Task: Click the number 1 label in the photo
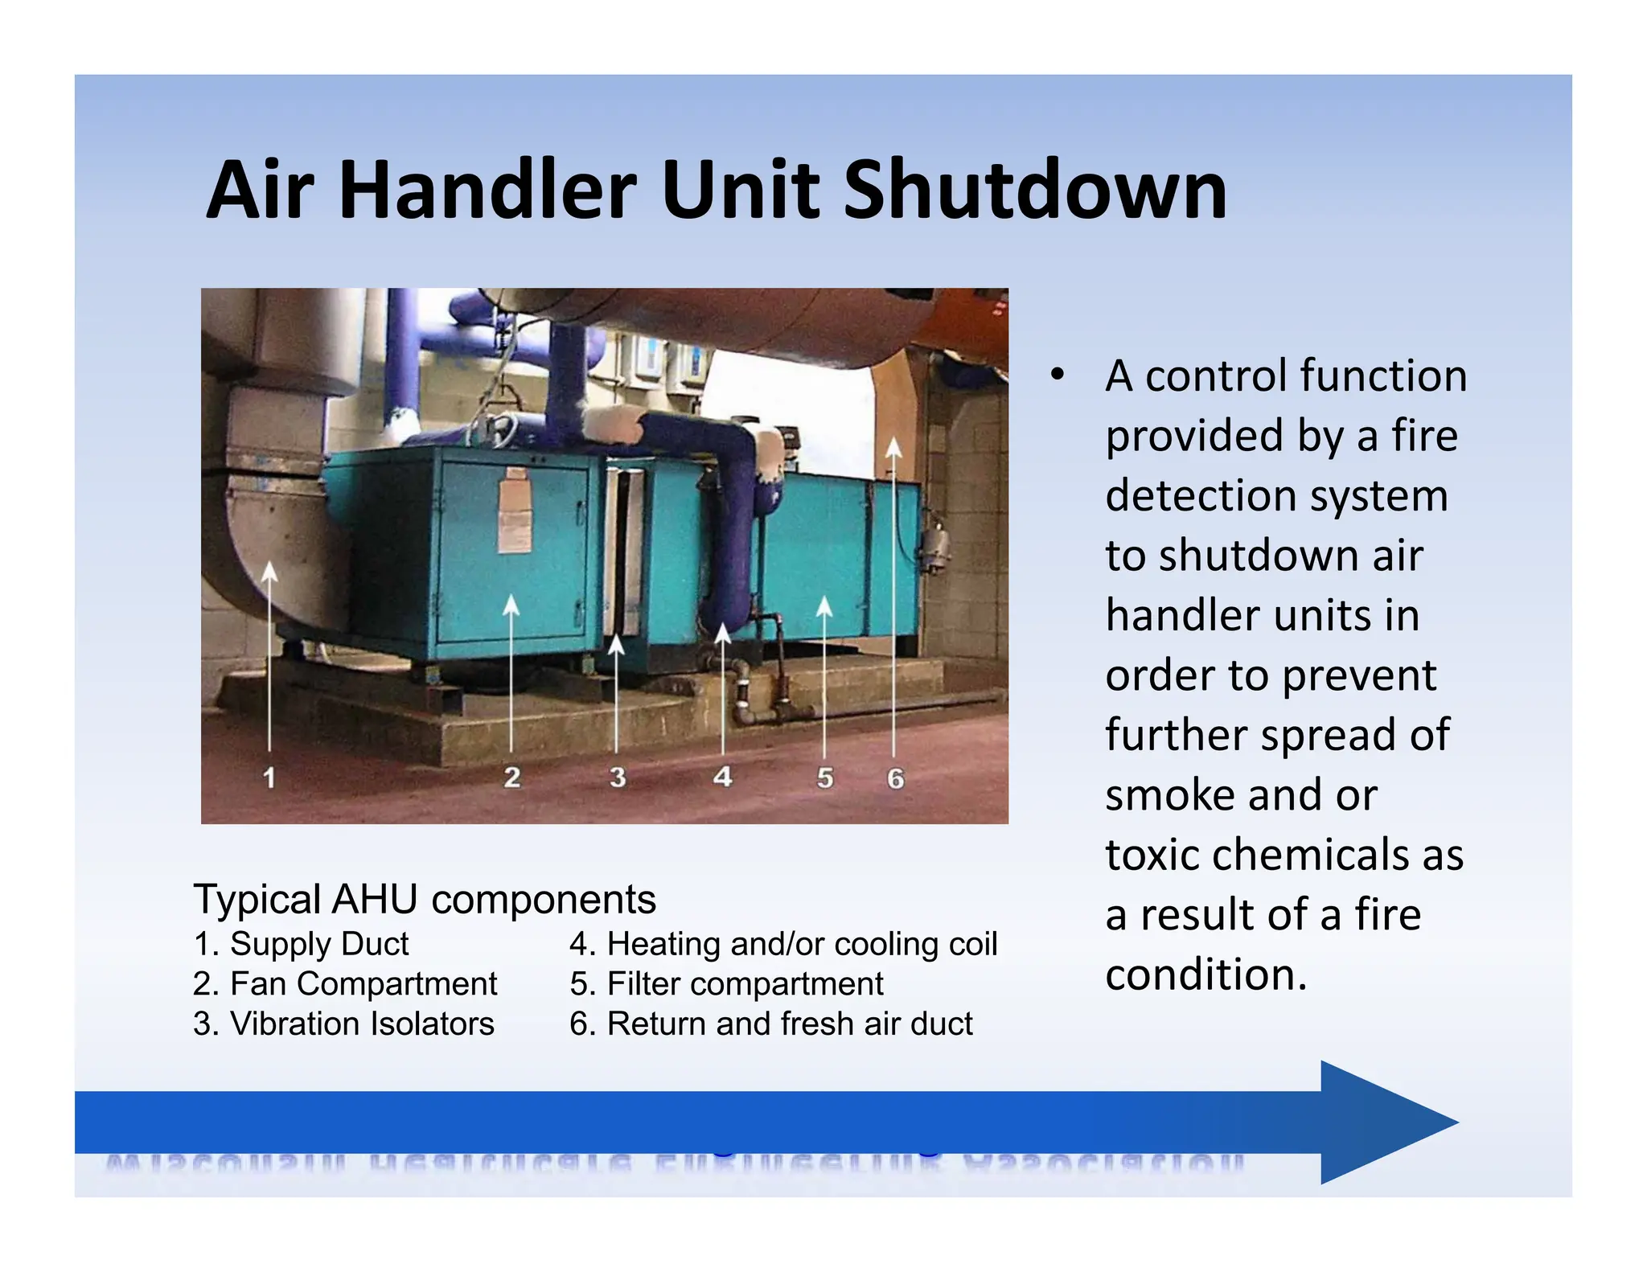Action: tap(269, 778)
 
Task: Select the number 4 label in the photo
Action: tap(722, 777)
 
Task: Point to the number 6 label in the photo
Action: tap(895, 778)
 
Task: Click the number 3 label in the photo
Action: tap(617, 778)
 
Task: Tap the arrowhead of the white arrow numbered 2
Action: tap(511, 605)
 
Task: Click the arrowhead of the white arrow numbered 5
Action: tap(824, 606)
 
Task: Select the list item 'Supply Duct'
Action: tap(302, 944)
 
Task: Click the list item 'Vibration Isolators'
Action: tap(344, 1024)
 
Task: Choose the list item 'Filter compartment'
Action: tap(726, 983)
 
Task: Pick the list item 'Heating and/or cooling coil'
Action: tap(783, 944)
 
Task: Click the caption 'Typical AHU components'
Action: tap(425, 899)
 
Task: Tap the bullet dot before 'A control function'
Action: tap(1058, 375)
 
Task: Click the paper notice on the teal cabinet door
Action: tap(515, 515)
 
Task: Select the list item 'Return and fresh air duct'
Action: tap(771, 1024)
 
